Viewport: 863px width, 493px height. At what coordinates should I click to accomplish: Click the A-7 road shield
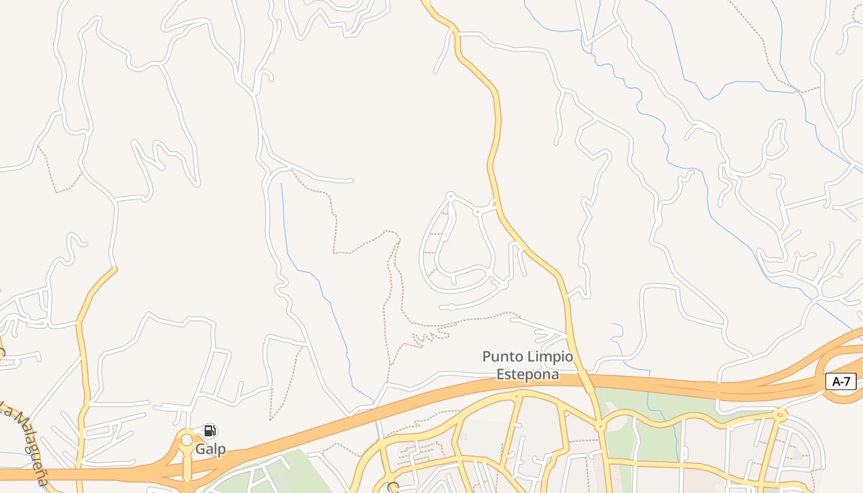click(x=841, y=381)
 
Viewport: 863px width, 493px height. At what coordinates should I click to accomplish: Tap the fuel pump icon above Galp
click(x=210, y=431)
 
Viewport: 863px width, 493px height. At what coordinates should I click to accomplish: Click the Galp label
click(x=210, y=449)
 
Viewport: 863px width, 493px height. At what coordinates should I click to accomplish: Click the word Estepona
click(x=528, y=374)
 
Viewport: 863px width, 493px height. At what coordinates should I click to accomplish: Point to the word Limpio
click(x=549, y=357)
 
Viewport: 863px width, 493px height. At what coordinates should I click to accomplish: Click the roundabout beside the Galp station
click(x=186, y=440)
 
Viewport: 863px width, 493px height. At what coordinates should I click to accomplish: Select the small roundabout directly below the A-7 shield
click(x=780, y=414)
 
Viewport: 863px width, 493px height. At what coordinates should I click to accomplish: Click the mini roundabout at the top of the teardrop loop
click(x=451, y=196)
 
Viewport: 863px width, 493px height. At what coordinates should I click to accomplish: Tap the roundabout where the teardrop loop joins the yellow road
click(x=477, y=211)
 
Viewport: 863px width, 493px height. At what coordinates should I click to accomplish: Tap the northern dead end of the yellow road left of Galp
click(x=115, y=269)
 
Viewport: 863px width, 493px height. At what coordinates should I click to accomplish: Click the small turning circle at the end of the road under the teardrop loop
click(x=451, y=307)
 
